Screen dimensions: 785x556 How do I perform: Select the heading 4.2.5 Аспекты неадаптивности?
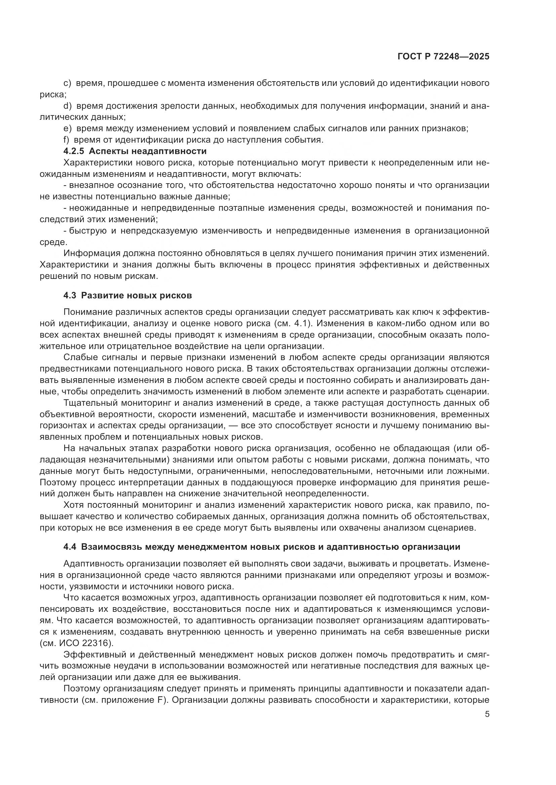point(135,151)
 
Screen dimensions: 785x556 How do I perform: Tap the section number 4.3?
point(70,295)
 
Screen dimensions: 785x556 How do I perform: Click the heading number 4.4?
point(70,546)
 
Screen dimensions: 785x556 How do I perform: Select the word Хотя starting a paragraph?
point(73,505)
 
